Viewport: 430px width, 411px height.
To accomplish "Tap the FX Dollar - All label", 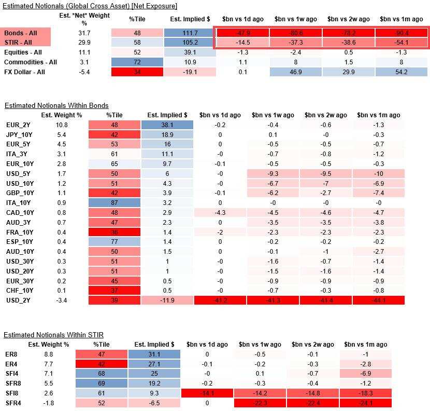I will pyautogui.click(x=24, y=72).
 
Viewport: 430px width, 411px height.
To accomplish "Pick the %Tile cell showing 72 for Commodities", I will pyautogui.click(x=137, y=62).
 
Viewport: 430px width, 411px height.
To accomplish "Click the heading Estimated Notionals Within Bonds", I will pyautogui.click(x=56, y=105).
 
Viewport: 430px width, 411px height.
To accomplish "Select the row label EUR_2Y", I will pyautogui.click(x=16, y=125).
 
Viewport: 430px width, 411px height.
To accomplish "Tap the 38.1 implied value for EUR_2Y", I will pyautogui.click(x=167, y=125).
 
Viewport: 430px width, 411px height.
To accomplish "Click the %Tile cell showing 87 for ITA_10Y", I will pyautogui.click(x=114, y=203).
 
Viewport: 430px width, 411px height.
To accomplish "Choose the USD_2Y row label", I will pyautogui.click(x=16, y=300).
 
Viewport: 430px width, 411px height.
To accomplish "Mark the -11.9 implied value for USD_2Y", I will pyautogui.click(x=167, y=300).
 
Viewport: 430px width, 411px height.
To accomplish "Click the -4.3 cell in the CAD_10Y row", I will pyautogui.click(x=220, y=213).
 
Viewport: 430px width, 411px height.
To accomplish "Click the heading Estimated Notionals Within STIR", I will pyautogui.click(x=54, y=335).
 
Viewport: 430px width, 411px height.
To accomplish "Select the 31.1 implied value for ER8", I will pyautogui.click(x=154, y=354).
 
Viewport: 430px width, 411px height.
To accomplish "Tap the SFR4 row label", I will pyautogui.click(x=11, y=403).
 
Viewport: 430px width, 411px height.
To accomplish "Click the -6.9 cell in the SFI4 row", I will pyautogui.click(x=365, y=374).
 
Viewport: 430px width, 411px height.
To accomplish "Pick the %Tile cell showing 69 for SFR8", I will pyautogui.click(x=102, y=383).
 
